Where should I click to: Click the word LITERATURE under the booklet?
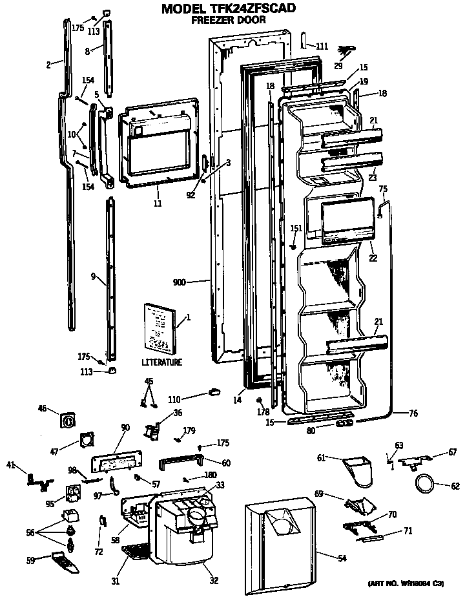click(161, 362)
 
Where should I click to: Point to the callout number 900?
click(180, 282)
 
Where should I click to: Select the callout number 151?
click(296, 228)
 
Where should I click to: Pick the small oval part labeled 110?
click(214, 391)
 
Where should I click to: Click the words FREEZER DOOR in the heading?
click(229, 21)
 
